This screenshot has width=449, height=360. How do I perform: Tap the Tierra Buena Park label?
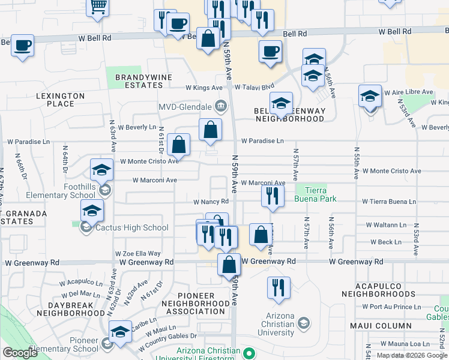[x=316, y=193]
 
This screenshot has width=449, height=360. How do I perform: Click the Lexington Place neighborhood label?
[x=60, y=100]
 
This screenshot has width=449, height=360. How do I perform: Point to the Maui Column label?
[x=382, y=326]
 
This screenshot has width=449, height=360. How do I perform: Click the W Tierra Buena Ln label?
[x=388, y=202]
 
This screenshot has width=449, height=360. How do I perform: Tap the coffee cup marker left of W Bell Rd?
[x=22, y=46]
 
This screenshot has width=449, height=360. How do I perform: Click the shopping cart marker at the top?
[x=97, y=7]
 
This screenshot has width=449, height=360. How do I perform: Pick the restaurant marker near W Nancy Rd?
[x=273, y=196]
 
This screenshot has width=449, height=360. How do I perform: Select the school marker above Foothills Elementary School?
[x=101, y=170]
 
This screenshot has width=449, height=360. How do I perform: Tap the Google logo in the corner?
[x=20, y=353]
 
